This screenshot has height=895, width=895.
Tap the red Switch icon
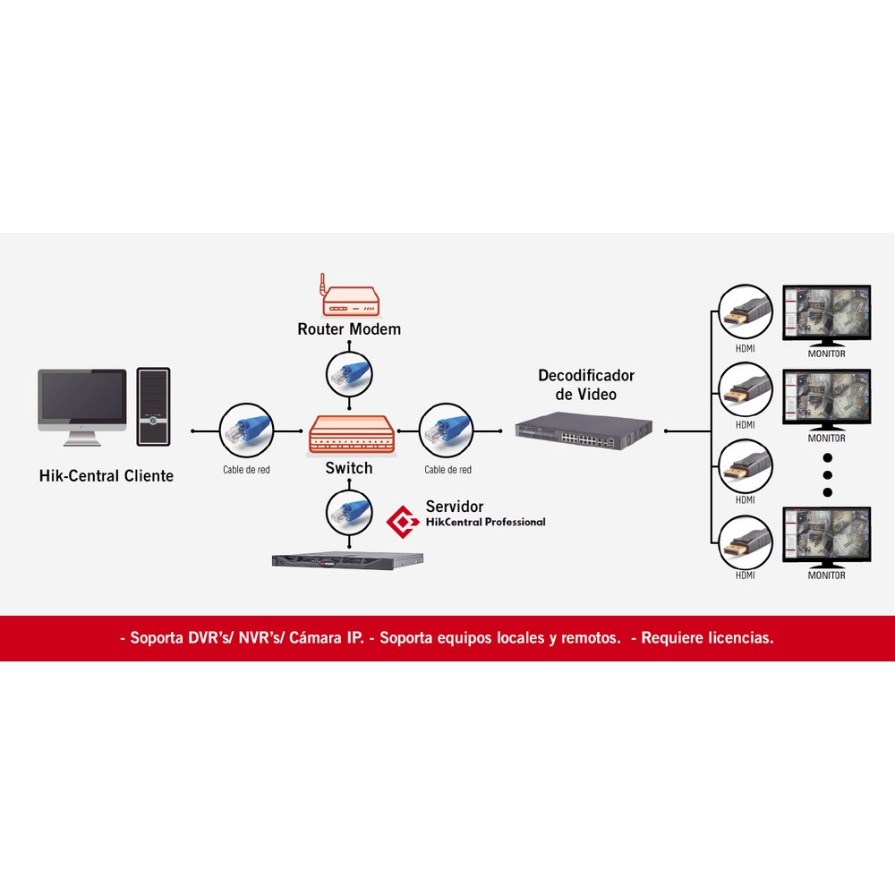(351, 435)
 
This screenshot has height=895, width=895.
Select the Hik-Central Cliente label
(107, 476)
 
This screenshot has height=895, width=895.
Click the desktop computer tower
(153, 406)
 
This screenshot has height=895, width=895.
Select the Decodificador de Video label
(586, 385)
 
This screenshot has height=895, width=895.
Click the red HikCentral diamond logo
(403, 522)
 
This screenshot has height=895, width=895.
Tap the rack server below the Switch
(347, 560)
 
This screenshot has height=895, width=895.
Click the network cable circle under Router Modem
(349, 374)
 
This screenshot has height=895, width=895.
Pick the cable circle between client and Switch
(247, 431)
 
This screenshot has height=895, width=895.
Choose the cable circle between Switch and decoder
(446, 431)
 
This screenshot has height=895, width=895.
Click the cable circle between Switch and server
(349, 513)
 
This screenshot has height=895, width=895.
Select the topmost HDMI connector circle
(745, 312)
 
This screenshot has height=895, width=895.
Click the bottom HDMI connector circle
(745, 542)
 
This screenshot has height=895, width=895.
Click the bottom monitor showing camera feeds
(826, 538)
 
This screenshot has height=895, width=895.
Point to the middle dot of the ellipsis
(828, 475)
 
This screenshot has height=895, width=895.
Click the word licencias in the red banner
(740, 637)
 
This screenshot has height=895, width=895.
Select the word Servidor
(455, 507)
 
